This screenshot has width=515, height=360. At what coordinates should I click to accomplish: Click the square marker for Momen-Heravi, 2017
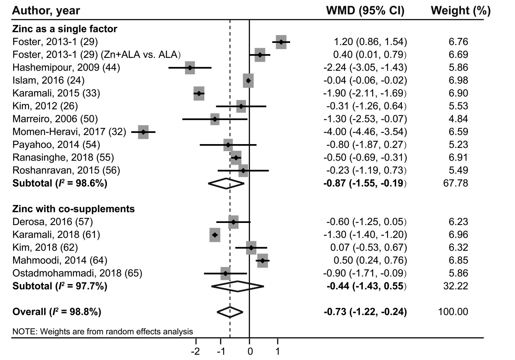tap(143, 132)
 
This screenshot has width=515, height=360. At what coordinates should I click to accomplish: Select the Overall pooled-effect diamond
tap(230, 311)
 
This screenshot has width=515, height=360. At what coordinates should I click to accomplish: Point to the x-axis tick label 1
tap(278, 351)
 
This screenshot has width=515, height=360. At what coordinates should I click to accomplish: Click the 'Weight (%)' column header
tap(461, 11)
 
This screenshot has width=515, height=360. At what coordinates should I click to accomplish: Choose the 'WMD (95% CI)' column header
tap(365, 11)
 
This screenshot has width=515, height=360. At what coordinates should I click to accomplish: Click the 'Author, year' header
tap(46, 11)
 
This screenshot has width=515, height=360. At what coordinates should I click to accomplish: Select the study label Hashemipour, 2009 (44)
tap(66, 67)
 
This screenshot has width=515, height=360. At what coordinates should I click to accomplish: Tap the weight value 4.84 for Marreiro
tap(459, 119)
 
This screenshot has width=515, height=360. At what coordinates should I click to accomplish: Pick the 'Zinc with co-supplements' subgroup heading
tap(73, 209)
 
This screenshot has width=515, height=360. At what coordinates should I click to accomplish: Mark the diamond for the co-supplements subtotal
tap(237, 286)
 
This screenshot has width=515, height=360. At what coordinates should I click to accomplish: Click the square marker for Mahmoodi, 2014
tap(262, 261)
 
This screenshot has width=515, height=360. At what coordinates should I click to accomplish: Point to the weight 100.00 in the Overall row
tap(453, 311)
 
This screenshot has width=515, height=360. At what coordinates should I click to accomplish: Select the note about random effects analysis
tap(102, 331)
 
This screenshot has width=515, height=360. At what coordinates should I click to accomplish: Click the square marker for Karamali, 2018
tap(215, 235)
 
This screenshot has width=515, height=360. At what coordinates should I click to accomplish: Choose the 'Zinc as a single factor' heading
tap(65, 29)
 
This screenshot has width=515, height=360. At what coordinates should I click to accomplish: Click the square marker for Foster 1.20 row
tap(281, 42)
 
